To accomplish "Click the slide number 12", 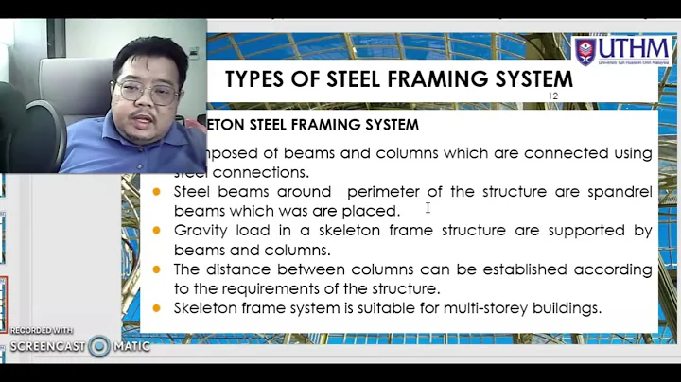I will [x=553, y=96].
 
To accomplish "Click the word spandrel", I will [x=619, y=192].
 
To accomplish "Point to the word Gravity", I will [x=201, y=231].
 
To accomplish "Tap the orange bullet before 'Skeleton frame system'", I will [x=157, y=308].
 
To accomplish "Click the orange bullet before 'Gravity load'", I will [x=157, y=231].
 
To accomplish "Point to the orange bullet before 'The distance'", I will [x=157, y=269].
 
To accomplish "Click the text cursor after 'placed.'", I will [x=428, y=208].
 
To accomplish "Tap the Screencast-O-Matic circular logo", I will [x=99, y=346].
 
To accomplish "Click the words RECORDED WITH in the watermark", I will [x=42, y=331].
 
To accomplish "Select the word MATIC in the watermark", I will [x=131, y=347].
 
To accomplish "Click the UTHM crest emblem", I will [x=585, y=51].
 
